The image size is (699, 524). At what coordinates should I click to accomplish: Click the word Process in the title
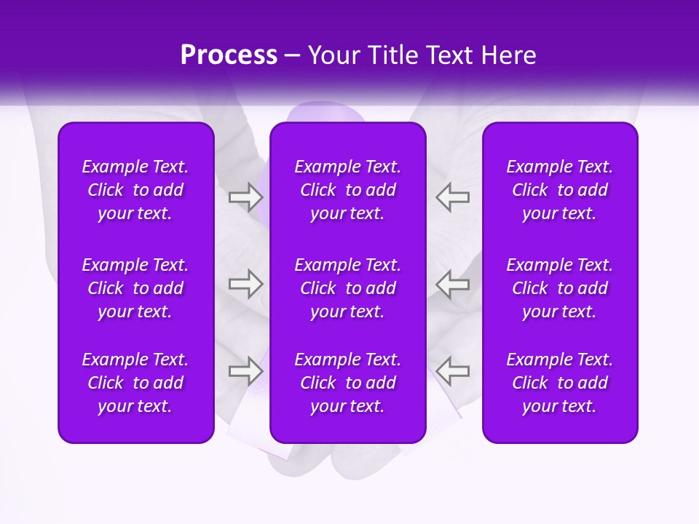pos(229,55)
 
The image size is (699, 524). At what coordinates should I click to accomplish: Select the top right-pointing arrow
pos(245,197)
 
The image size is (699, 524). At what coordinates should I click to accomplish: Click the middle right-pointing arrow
pos(245,283)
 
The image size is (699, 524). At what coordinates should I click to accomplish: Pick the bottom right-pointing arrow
pos(245,371)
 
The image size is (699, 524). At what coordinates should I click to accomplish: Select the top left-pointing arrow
pos(453,197)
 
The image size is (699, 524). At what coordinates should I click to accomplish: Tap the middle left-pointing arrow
pos(453,283)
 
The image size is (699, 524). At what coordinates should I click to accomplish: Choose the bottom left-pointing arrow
pos(453,371)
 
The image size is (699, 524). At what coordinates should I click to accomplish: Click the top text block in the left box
pos(135,190)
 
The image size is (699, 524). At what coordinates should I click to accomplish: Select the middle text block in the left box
pos(135,288)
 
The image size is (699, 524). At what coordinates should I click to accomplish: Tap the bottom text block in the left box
pos(135,383)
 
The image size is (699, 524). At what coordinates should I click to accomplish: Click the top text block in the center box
pos(348,190)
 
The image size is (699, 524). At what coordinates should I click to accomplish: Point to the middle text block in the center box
pos(348,288)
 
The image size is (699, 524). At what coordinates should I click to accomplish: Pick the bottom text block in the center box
pos(348,383)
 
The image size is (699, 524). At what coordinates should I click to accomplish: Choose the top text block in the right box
pos(560,190)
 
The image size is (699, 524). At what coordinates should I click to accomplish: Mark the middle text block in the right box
pos(560,288)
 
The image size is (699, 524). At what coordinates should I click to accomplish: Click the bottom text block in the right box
pos(560,383)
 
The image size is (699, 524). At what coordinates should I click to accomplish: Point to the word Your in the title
pos(333,55)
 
